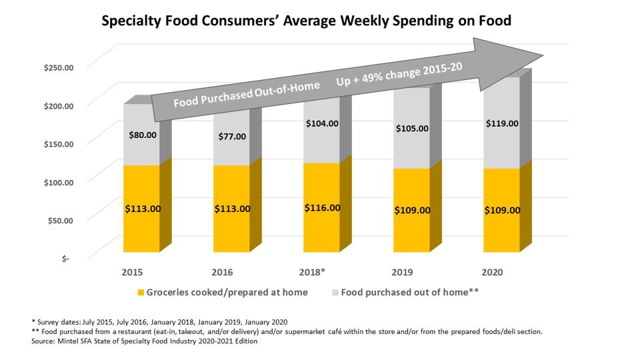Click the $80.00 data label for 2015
tap(143, 134)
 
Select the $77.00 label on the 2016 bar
tap(233, 136)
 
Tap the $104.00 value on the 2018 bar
tap(322, 123)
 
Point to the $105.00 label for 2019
tap(412, 128)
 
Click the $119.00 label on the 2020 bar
tap(502, 123)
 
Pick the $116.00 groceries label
tap(322, 207)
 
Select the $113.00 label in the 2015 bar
tap(143, 209)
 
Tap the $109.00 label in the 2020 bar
tap(502, 210)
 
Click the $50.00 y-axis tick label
tap(59, 219)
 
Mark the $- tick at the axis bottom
tap(65, 258)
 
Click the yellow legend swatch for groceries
tap(140, 292)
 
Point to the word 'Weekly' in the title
tap(353, 21)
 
